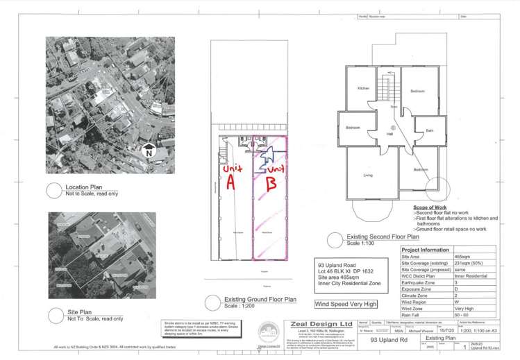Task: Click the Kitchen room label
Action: pyautogui.click(x=363, y=89)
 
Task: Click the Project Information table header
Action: pyautogui.click(x=425, y=249)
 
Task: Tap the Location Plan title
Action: pyautogui.click(x=85, y=187)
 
